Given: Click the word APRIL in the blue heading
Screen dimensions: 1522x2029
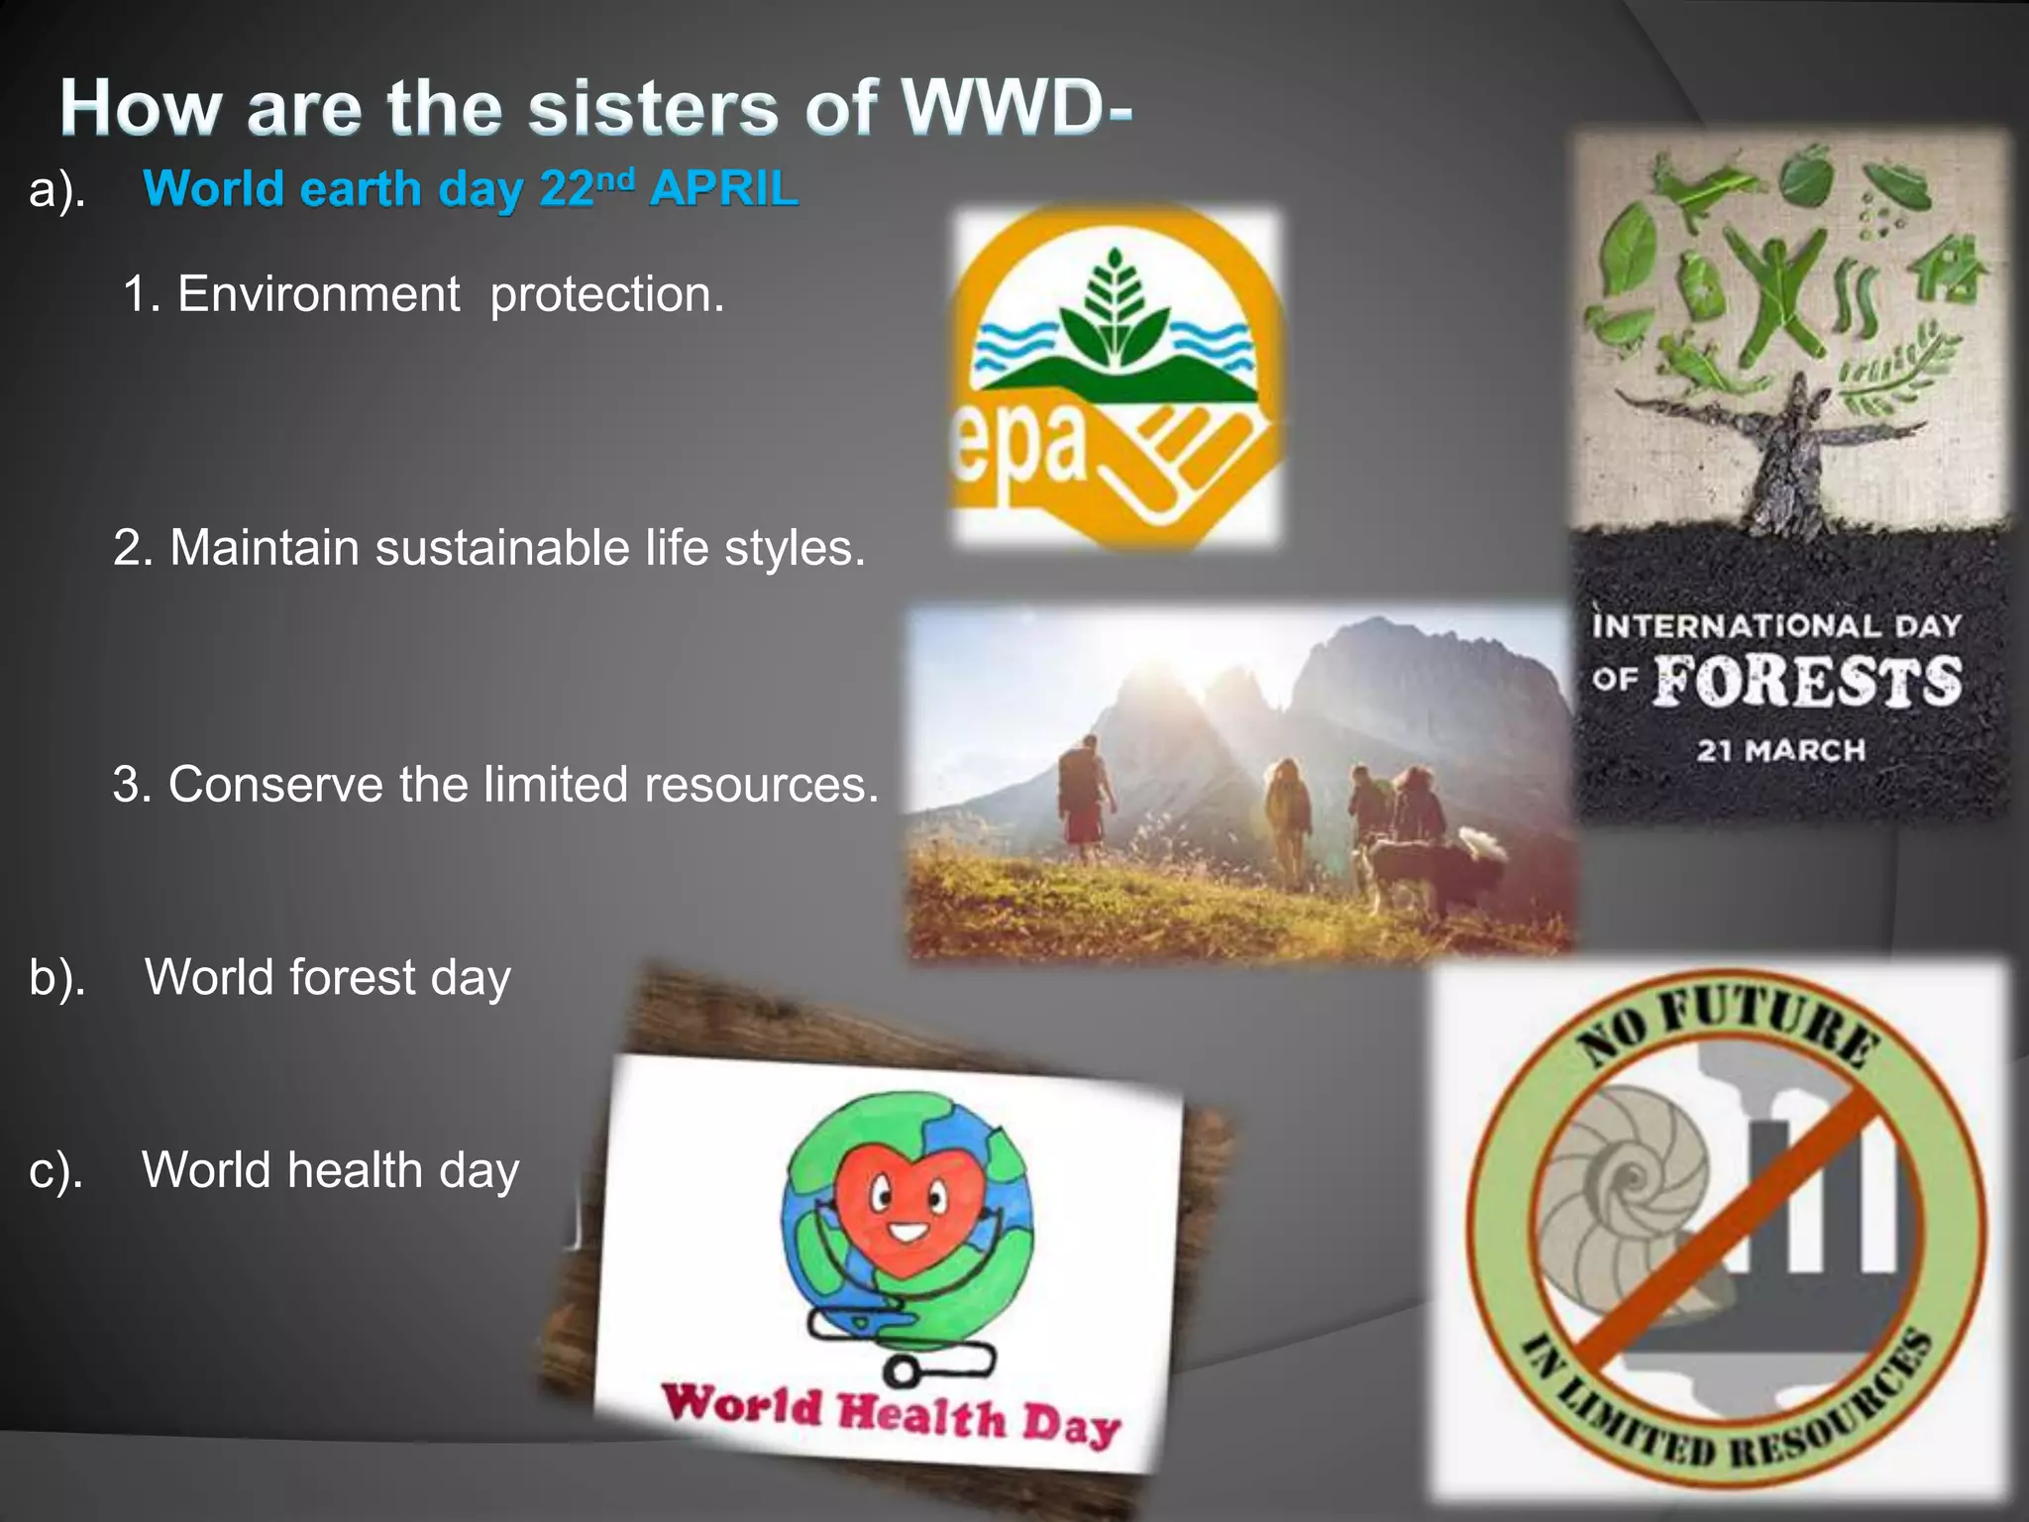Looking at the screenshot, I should [723, 188].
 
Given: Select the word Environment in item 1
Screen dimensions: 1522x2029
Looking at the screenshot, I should [318, 294].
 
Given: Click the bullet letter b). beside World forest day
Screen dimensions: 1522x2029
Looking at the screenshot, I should [57, 977].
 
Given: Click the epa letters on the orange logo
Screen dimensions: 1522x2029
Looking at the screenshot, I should [1020, 446].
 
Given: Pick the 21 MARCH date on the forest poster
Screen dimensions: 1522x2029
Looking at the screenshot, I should [1780, 750].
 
